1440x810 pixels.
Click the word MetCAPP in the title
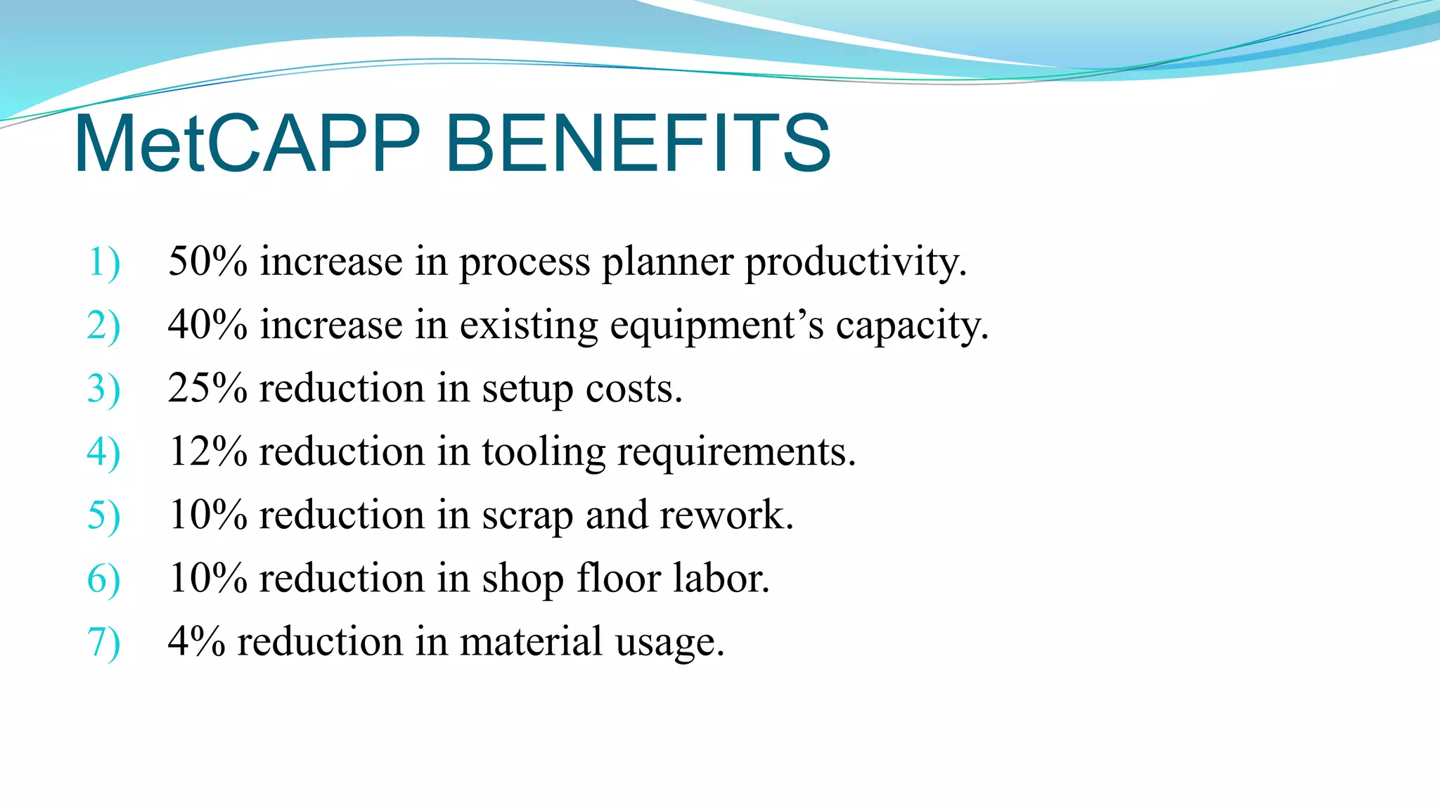pyautogui.click(x=246, y=144)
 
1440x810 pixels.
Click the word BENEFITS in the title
pyautogui.click(x=638, y=144)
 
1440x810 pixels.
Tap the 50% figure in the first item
pyautogui.click(x=207, y=262)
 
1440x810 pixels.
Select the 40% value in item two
pyautogui.click(x=207, y=325)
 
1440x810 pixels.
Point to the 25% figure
pyautogui.click(x=207, y=388)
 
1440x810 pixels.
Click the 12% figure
pyautogui.click(x=207, y=451)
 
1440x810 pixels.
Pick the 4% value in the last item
pyautogui.click(x=196, y=641)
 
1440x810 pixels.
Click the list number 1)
pyautogui.click(x=103, y=263)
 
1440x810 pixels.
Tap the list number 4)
pyautogui.click(x=103, y=453)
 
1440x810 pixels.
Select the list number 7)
pyautogui.click(x=103, y=643)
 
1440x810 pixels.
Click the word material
pyautogui.click(x=531, y=641)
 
